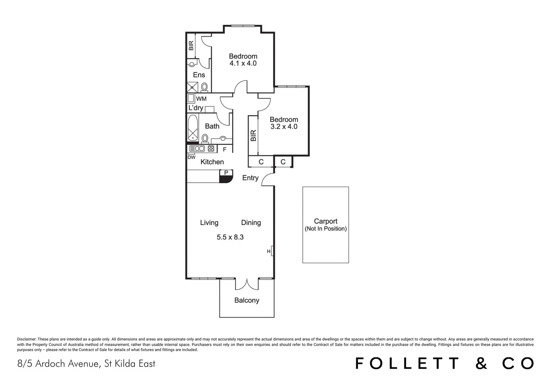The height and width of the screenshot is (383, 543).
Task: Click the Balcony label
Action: (x=247, y=300)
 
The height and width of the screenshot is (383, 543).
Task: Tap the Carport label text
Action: (x=326, y=221)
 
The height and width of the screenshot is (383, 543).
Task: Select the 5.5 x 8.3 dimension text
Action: (x=230, y=237)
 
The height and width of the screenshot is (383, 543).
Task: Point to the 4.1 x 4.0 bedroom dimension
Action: (x=243, y=63)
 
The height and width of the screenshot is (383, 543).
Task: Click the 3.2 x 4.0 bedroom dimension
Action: (x=284, y=127)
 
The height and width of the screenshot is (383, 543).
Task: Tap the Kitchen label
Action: (x=212, y=162)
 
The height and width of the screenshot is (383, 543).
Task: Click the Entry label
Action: (x=250, y=178)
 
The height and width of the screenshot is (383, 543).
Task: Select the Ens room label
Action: (x=199, y=75)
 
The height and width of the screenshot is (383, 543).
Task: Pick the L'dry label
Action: (x=195, y=108)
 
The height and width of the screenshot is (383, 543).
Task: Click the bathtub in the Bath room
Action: (x=193, y=128)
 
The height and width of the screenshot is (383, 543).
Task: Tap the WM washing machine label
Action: (x=201, y=99)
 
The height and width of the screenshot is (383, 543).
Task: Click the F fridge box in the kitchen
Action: (x=225, y=149)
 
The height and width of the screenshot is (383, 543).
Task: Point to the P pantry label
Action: (x=226, y=173)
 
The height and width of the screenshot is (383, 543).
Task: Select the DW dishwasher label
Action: (x=192, y=157)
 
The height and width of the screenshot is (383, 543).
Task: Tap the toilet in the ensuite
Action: (x=204, y=87)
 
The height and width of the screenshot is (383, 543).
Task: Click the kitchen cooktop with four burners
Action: (x=211, y=149)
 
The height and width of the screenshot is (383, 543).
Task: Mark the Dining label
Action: (x=251, y=223)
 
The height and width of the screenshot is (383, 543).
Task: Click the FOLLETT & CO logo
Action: (x=444, y=363)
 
